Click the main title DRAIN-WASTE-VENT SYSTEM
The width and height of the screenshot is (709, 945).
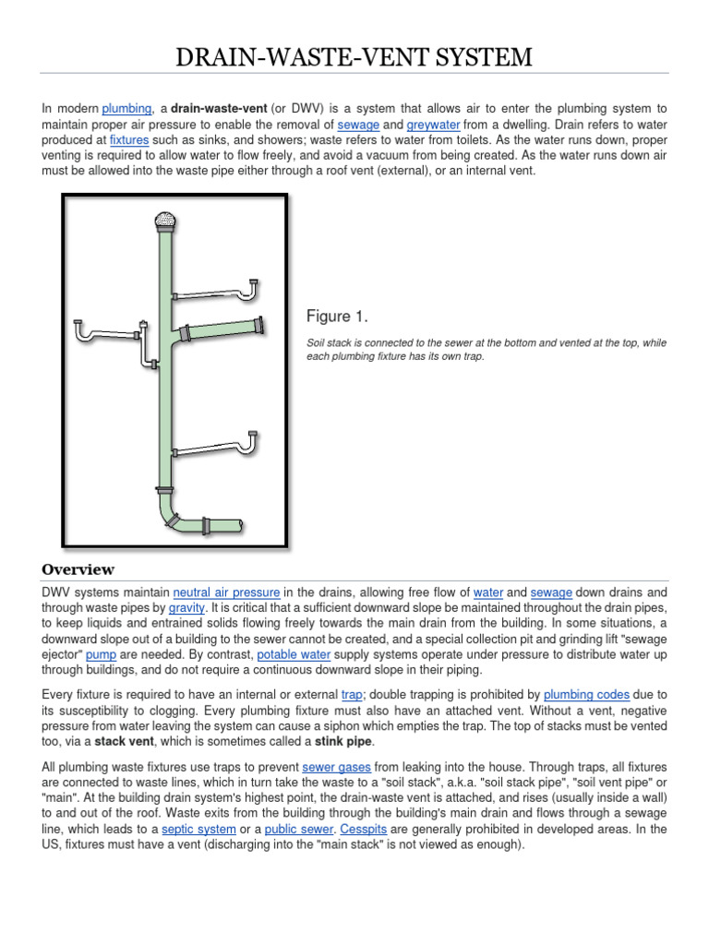click(354, 57)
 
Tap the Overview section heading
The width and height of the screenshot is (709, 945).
click(78, 569)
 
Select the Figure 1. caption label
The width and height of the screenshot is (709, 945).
click(337, 317)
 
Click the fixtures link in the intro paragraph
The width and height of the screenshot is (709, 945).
click(129, 140)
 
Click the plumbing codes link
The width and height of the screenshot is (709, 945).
click(586, 694)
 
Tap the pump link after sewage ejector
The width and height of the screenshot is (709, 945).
click(101, 655)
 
